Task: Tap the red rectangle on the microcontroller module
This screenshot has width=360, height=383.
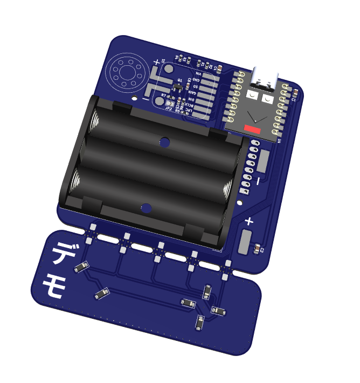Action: click(252, 128)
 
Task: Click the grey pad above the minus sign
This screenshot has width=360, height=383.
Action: click(264, 161)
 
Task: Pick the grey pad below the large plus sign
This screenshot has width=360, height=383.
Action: click(246, 241)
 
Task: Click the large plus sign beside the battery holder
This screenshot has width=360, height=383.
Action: click(250, 221)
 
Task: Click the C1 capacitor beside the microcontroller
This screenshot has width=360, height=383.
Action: click(294, 95)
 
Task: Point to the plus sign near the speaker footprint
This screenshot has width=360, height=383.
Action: click(157, 63)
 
